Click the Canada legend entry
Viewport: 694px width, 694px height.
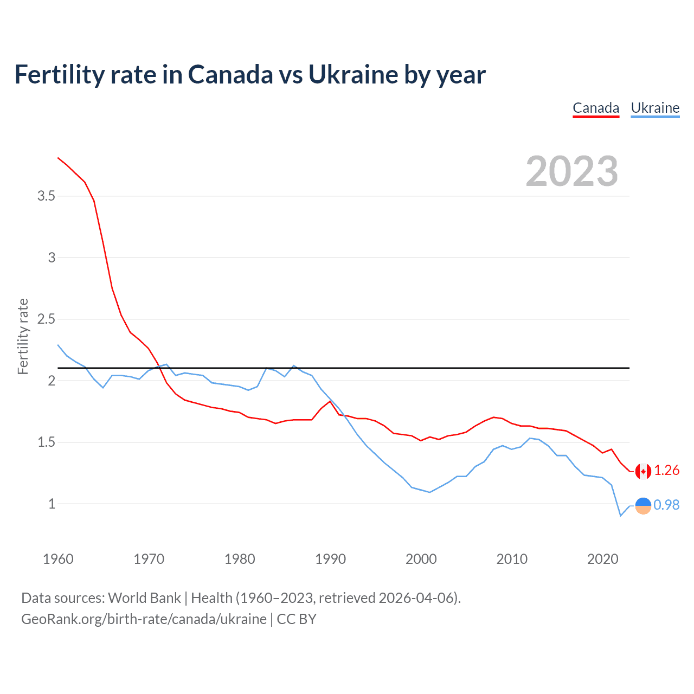tap(596, 108)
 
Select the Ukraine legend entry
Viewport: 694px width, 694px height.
tap(655, 108)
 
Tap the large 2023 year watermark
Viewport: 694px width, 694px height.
tap(572, 171)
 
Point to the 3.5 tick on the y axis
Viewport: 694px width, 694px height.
tap(46, 196)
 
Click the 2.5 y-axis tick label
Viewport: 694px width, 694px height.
tap(46, 319)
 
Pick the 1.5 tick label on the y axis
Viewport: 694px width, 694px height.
tap(46, 442)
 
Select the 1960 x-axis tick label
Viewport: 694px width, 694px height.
tap(58, 559)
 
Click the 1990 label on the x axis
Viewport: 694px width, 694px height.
tap(330, 559)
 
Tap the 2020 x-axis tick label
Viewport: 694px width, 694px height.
tap(602, 559)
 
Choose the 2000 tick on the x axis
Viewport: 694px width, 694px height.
tap(421, 559)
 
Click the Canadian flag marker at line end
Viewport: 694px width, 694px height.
tap(643, 471)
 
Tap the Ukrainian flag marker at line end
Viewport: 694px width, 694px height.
tap(643, 505)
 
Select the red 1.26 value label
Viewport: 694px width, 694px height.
tap(666, 471)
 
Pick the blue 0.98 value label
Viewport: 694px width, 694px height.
tap(666, 505)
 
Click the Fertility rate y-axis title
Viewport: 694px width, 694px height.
tap(23, 336)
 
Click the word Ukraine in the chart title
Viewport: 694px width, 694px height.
tap(352, 74)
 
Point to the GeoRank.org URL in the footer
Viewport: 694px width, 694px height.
tap(144, 619)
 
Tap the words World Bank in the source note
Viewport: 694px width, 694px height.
tap(144, 598)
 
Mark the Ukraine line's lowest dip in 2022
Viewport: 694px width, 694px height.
tap(620, 516)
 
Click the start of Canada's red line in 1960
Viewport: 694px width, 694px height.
tap(59, 158)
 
